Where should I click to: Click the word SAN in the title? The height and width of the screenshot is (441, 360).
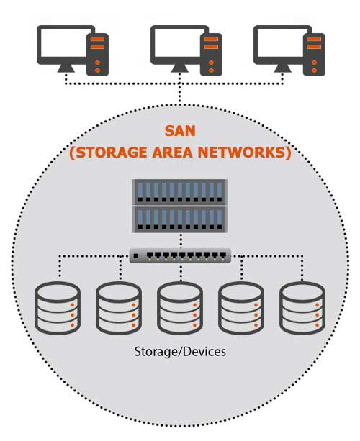tap(180, 131)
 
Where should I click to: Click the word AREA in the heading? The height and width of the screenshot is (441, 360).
tap(173, 153)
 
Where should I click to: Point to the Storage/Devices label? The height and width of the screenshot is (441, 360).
tap(180, 352)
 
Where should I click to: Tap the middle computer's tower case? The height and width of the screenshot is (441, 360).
tap(211, 55)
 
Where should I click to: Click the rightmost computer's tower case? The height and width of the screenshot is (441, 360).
tap(314, 55)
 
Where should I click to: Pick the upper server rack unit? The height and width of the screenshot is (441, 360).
tap(179, 192)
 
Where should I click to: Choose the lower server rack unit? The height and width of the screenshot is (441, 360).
tap(179, 219)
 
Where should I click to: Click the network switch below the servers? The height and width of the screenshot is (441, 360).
tap(180, 255)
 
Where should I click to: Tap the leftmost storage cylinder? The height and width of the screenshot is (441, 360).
tap(58, 308)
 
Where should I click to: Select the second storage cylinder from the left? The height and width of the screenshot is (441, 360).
tap(119, 308)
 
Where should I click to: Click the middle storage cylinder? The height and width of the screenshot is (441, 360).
tap(180, 308)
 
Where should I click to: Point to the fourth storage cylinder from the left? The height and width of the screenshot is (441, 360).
tap(241, 308)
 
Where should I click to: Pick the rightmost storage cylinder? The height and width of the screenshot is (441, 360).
tap(302, 308)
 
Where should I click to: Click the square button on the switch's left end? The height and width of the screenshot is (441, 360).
tap(136, 256)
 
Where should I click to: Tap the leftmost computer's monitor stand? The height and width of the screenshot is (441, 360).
tap(66, 68)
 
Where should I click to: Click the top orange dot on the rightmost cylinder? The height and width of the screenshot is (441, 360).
tap(318, 305)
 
